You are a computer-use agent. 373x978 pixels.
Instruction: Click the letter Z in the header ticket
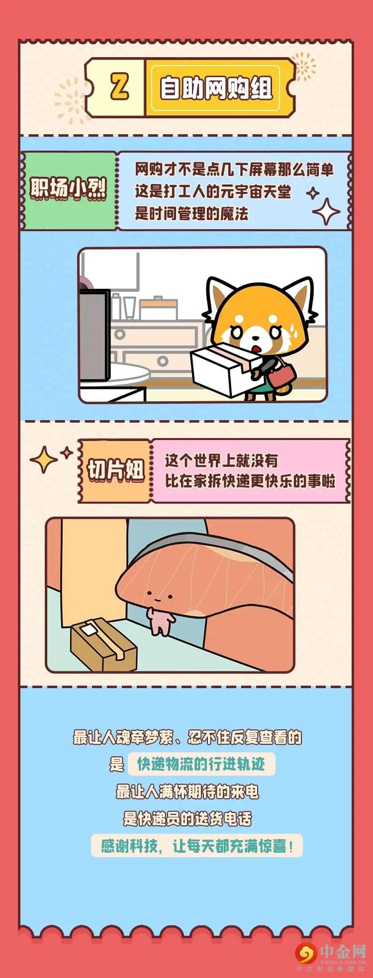[119, 88]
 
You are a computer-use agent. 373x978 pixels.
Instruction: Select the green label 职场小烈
[68, 189]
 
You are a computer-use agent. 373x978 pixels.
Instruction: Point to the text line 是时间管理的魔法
[191, 214]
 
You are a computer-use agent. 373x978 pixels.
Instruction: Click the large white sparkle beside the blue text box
[326, 211]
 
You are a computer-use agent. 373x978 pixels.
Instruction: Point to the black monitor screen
[94, 336]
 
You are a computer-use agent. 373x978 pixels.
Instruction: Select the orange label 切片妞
[115, 470]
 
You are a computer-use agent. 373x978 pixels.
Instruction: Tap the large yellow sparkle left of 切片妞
[43, 459]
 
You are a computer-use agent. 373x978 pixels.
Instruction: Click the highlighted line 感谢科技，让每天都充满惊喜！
[197, 845]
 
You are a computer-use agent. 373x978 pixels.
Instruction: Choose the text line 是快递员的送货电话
[187, 818]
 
